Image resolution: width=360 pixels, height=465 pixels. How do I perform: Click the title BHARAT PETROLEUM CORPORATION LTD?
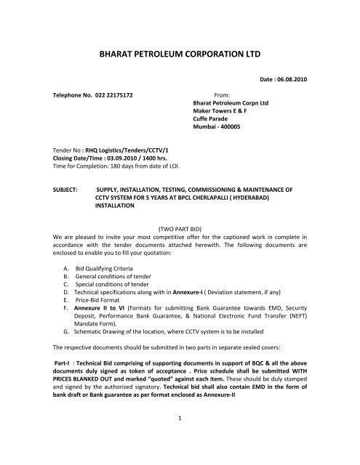click(179, 52)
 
